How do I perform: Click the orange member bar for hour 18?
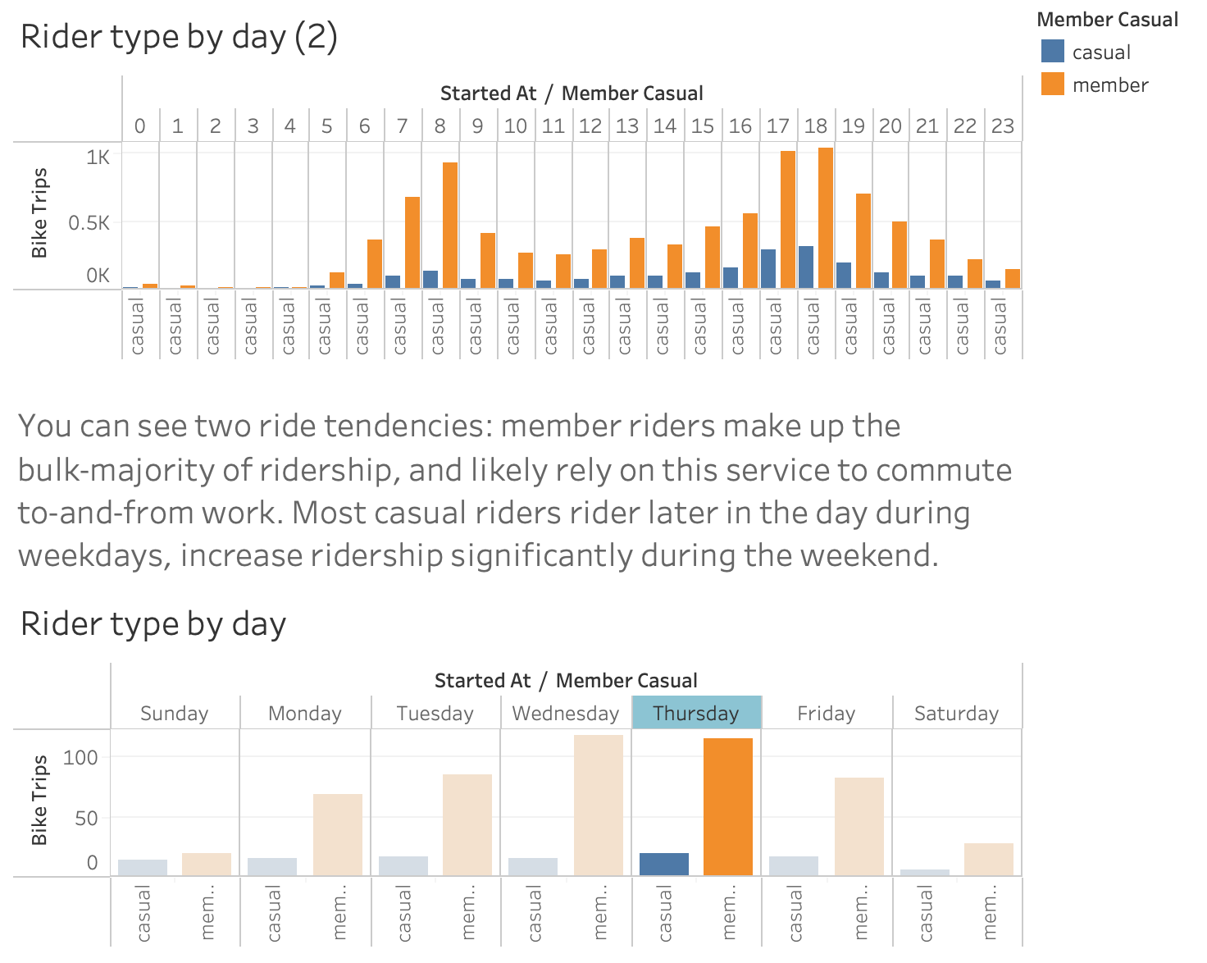coord(825,218)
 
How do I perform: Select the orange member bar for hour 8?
coord(450,226)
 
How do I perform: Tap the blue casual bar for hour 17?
coord(768,269)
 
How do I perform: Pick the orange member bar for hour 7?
coord(412,243)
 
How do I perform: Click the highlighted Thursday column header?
coord(696,713)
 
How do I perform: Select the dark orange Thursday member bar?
coord(728,807)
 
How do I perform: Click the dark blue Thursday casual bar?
coord(663,864)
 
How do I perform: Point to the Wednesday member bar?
coord(599,806)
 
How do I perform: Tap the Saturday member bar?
coord(989,859)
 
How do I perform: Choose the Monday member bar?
coord(338,834)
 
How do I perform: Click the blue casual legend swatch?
coord(1052,52)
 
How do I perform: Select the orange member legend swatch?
coord(1052,84)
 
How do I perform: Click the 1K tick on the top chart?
coord(98,157)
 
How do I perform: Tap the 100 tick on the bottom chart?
coord(80,757)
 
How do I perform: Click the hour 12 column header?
coord(590,126)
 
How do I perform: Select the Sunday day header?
coord(175,713)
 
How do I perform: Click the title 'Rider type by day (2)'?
coord(179,38)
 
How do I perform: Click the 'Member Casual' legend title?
coord(1107,20)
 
